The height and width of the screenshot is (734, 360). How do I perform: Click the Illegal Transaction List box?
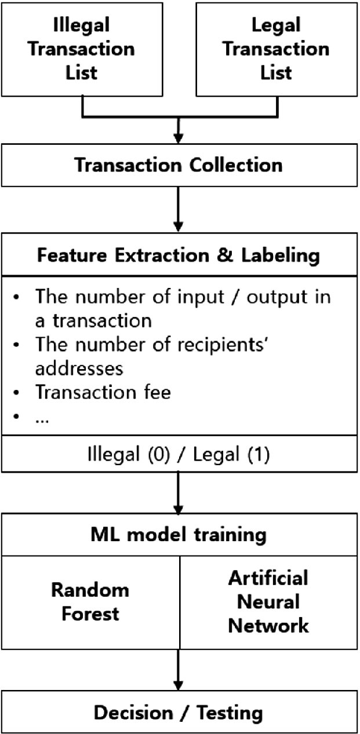coord(82,49)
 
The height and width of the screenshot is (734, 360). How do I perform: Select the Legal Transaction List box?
coord(276,49)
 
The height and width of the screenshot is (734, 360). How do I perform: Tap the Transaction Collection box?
coord(179,165)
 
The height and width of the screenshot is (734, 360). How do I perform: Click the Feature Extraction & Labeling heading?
coord(179,255)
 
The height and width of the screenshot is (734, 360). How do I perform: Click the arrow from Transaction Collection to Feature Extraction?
coord(179,209)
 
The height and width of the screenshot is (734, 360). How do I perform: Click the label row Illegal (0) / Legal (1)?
coord(179,455)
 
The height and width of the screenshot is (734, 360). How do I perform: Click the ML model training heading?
coord(179,534)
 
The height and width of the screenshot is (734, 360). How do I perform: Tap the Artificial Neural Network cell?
coord(268,602)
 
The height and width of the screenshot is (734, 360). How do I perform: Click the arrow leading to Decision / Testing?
coord(179,669)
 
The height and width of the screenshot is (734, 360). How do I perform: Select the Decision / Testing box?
coord(179,712)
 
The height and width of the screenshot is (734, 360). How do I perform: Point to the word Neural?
coord(268,602)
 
